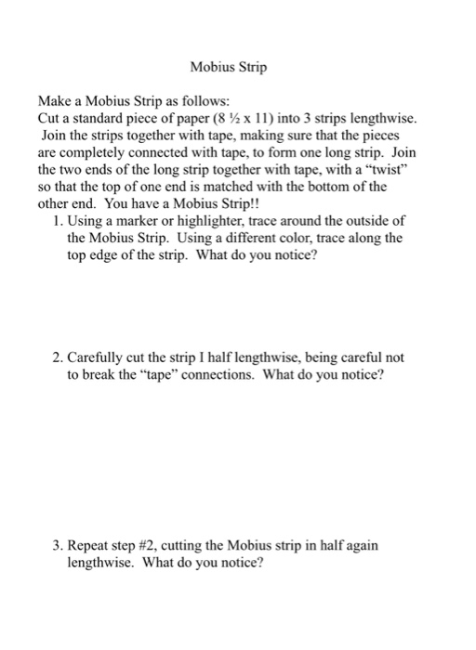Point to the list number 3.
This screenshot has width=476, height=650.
click(x=58, y=545)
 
